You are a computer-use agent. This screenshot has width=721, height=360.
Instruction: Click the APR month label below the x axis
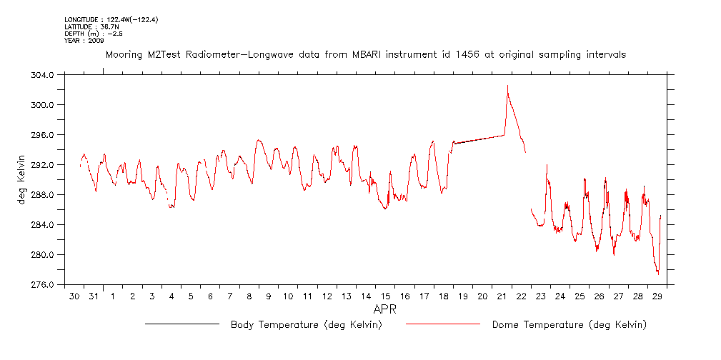(385, 311)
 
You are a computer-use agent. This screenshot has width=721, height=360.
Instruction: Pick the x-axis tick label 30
(74, 296)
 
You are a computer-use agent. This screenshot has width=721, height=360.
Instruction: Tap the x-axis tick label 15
(385, 296)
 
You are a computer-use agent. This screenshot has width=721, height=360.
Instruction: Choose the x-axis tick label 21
(502, 296)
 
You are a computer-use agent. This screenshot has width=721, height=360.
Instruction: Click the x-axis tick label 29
(658, 296)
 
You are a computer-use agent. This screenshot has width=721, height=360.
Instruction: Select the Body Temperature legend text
(306, 325)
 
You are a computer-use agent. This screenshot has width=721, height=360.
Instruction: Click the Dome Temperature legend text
(569, 325)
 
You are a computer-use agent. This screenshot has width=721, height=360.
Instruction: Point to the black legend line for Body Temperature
(182, 325)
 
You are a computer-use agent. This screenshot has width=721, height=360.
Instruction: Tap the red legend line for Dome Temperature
(442, 325)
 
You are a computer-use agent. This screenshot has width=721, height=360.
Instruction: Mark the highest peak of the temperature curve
(507, 86)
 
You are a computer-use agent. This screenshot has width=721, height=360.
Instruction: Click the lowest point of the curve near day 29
(657, 274)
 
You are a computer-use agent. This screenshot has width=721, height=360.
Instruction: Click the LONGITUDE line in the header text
(111, 19)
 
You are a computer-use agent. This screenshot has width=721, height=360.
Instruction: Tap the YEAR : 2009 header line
(84, 41)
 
